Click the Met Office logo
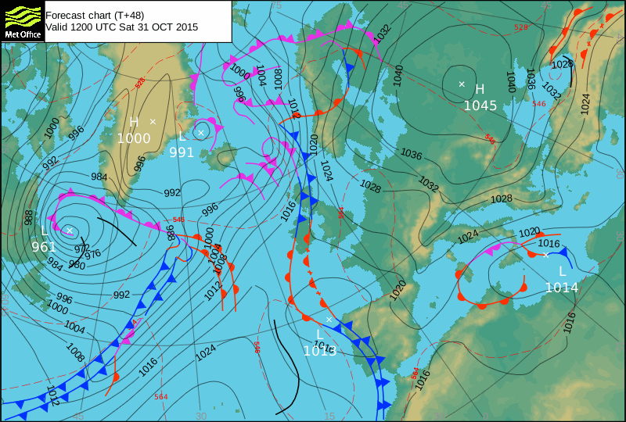point(22,21)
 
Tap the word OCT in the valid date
point(156,27)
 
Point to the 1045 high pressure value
point(480,105)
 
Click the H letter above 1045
point(480,89)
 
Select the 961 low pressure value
point(44,247)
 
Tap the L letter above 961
point(45,231)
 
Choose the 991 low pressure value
point(182,152)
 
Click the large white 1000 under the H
point(134,138)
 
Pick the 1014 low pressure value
point(561,288)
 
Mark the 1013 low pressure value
point(320,351)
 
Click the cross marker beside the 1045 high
point(462,84)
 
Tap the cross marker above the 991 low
point(201,133)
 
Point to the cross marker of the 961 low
point(69,230)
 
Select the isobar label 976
point(92,254)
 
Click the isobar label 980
point(77,265)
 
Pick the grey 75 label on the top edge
point(275,5)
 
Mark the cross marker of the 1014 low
point(545,255)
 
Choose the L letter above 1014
point(561,271)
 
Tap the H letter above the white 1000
point(134,122)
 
